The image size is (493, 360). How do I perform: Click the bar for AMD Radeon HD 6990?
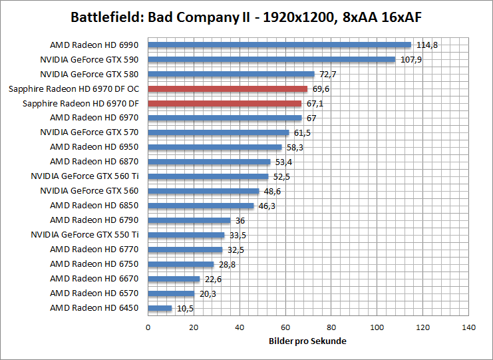point(279,45)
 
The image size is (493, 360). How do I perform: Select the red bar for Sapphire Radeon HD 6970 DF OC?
point(228,89)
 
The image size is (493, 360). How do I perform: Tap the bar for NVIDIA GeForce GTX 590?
point(271,59)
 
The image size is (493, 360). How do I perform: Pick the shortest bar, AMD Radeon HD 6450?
point(160,308)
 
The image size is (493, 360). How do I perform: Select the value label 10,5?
point(184,308)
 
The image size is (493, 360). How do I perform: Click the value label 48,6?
point(272,191)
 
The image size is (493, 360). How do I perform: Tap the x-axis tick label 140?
point(469,327)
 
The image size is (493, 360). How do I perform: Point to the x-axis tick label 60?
point(285,327)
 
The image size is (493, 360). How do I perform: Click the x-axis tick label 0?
point(148,327)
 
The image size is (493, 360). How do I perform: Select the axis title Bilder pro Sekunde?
point(308,341)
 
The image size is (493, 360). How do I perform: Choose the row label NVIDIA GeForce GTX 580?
point(89,74)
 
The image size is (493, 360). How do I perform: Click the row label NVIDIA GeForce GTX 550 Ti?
point(84,235)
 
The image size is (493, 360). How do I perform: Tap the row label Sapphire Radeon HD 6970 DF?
point(81,103)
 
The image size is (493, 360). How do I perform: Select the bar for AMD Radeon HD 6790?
point(189,220)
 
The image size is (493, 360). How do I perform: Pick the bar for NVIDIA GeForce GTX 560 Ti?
point(208,176)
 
